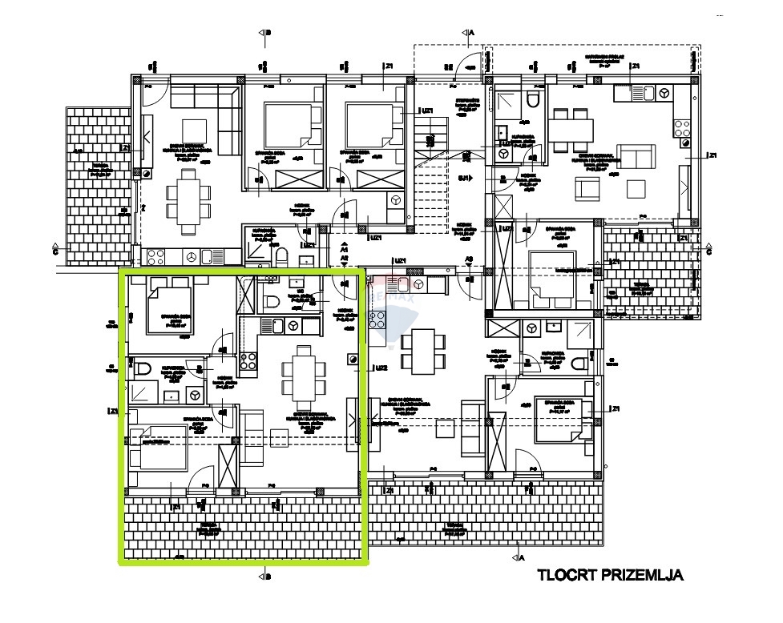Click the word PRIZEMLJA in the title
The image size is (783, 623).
644,575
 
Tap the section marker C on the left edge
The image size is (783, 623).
54,249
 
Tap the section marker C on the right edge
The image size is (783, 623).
708,249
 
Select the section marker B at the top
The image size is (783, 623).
264,33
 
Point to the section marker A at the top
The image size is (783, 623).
470,33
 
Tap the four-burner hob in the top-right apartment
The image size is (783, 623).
682,129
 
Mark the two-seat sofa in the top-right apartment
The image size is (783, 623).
636,158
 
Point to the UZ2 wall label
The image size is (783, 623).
381,368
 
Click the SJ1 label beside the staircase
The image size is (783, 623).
463,178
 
